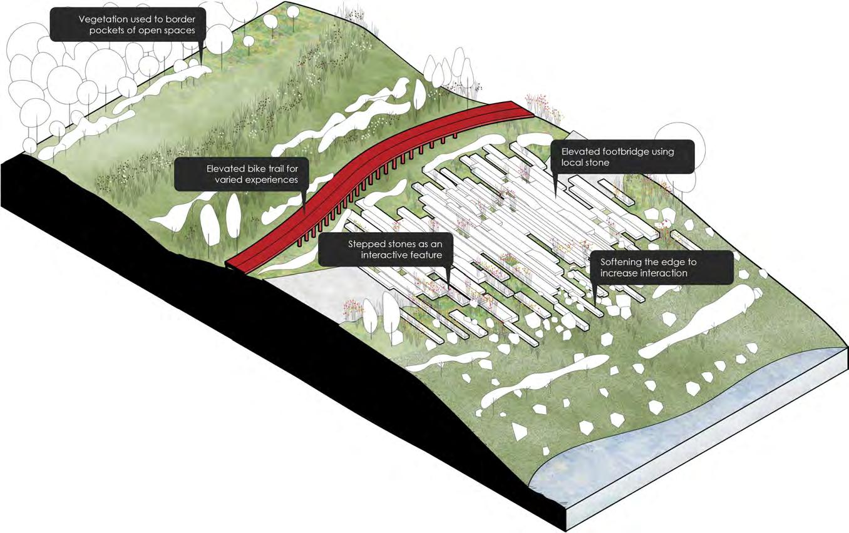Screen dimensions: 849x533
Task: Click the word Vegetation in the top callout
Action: (102, 19)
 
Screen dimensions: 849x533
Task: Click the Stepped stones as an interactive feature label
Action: (383, 249)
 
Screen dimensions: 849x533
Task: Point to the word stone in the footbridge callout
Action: (595, 163)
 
